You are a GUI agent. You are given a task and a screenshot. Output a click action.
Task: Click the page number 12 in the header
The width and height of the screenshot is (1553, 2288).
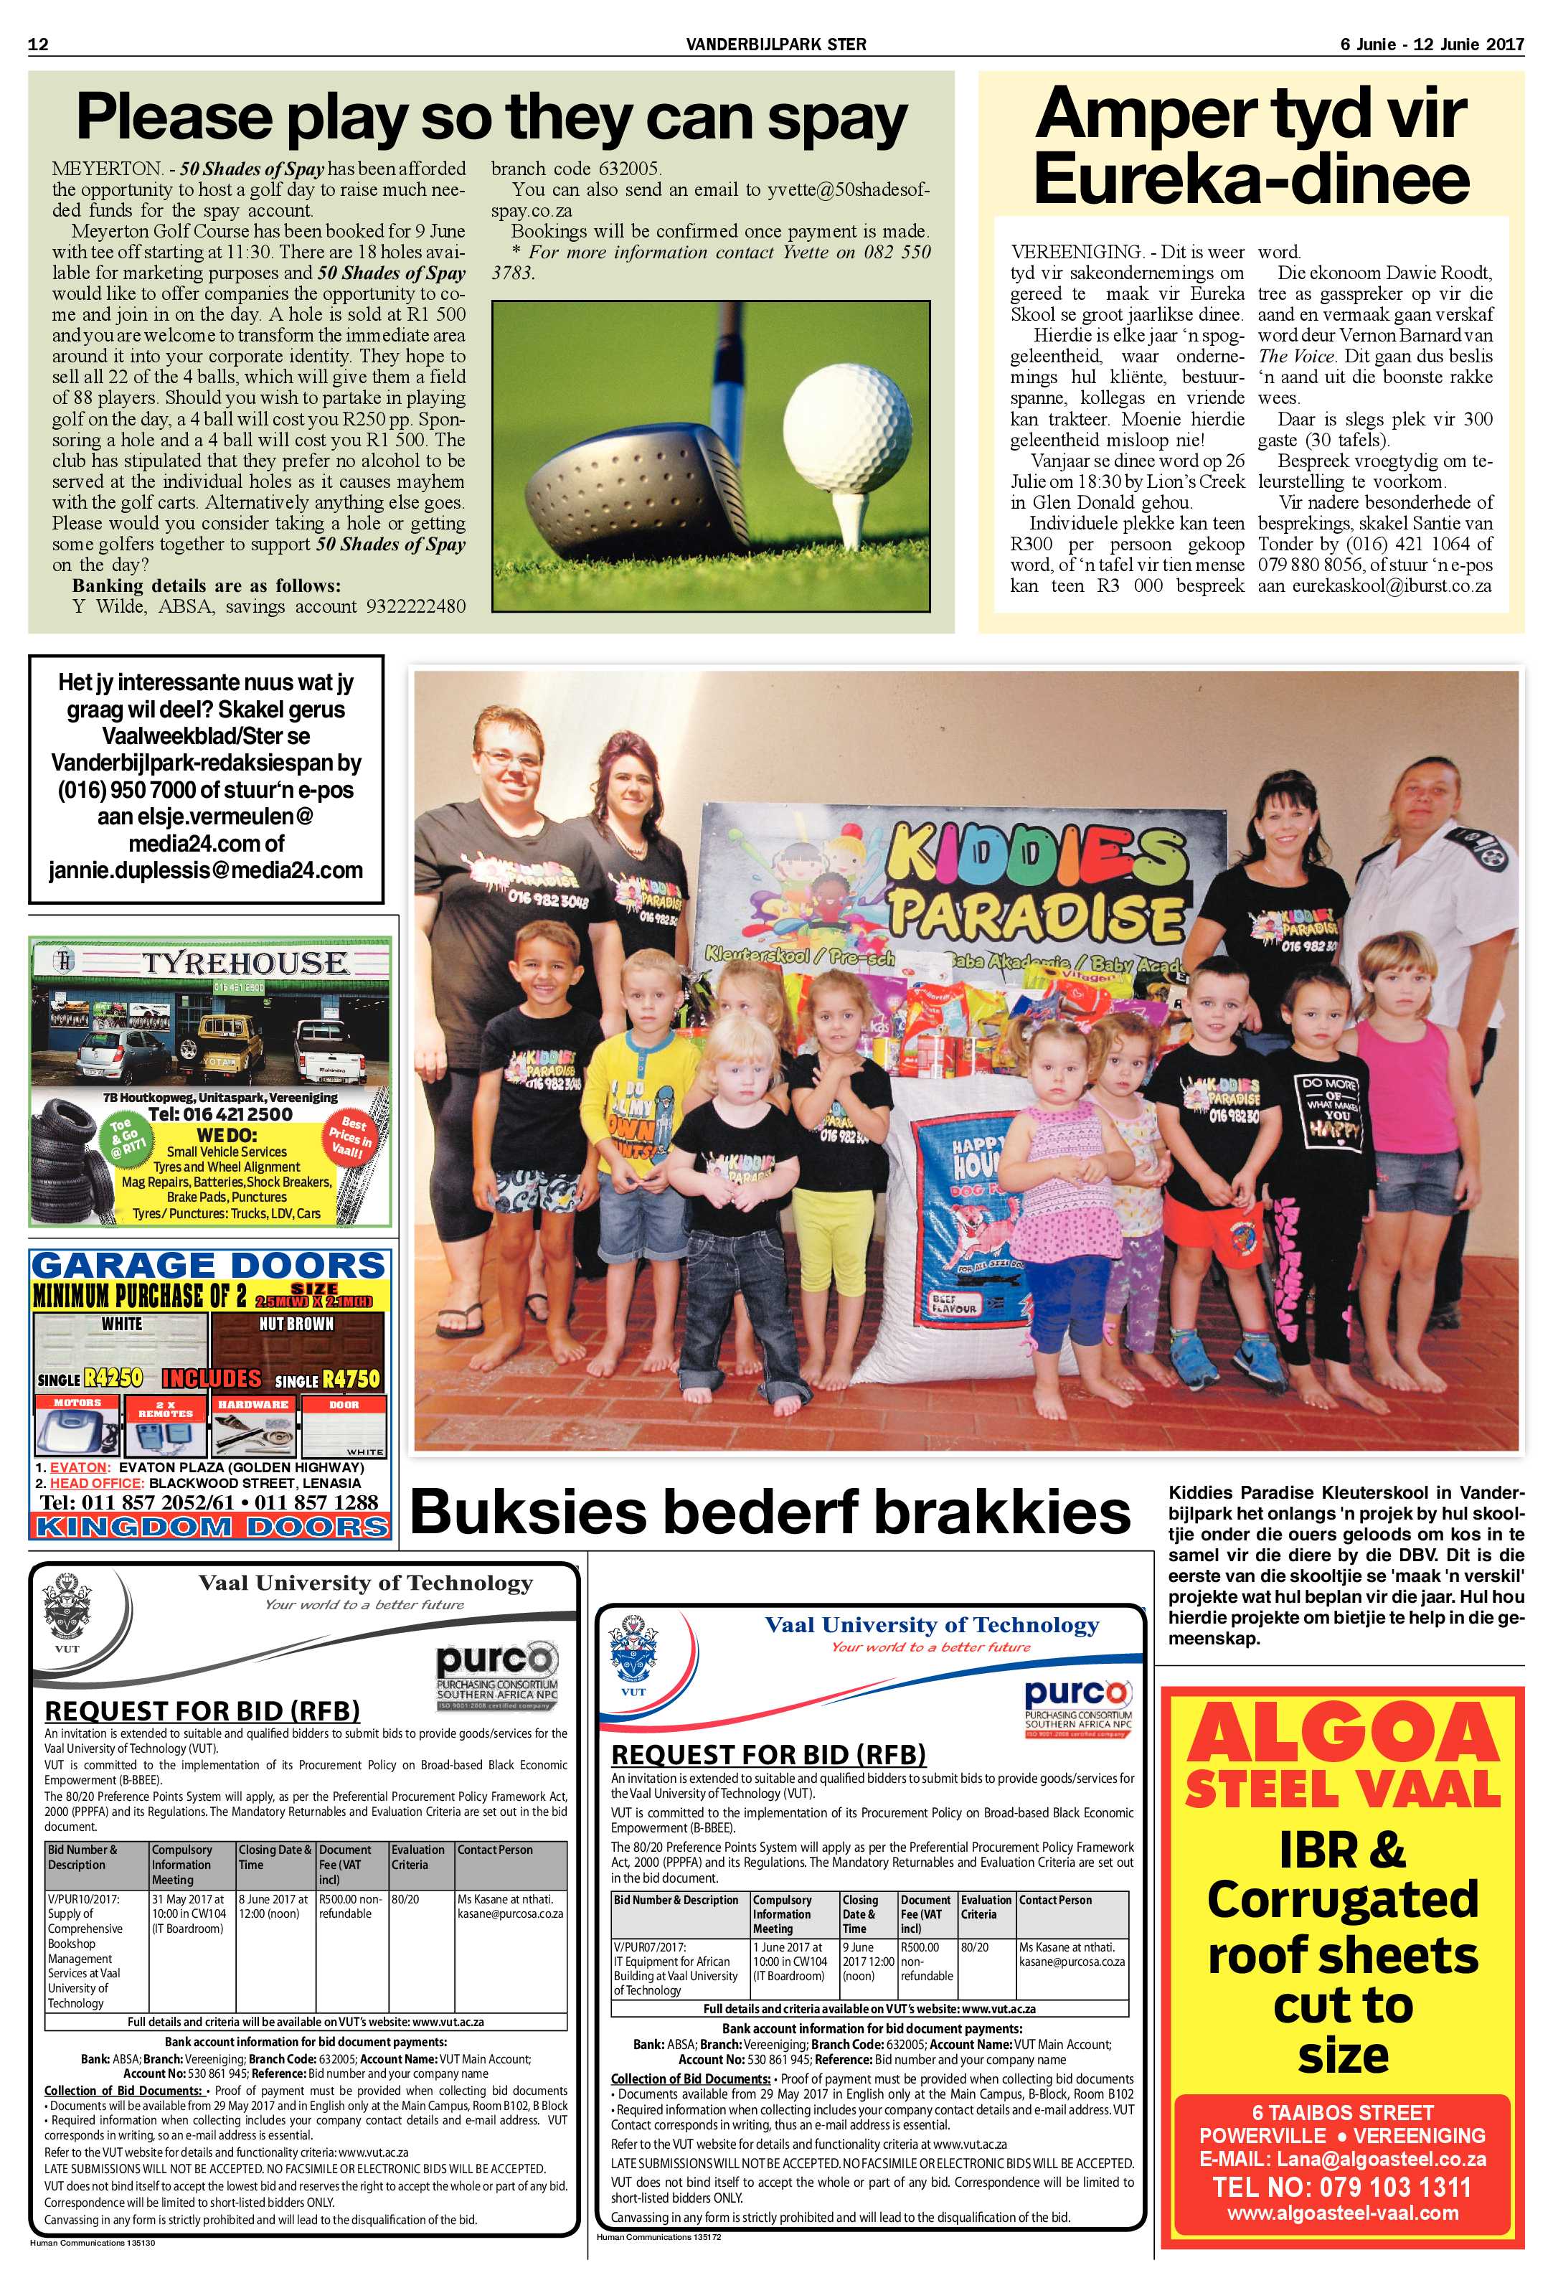tap(39, 44)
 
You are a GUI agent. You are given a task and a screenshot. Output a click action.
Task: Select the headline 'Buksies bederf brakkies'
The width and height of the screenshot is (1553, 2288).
tap(770, 1513)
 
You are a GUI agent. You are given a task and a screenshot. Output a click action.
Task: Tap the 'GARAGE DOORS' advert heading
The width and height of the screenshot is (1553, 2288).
tap(207, 1265)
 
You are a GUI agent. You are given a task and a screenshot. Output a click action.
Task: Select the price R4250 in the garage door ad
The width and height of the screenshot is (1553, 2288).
tap(113, 1378)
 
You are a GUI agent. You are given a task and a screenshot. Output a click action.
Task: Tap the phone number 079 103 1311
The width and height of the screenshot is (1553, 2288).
tap(1342, 2187)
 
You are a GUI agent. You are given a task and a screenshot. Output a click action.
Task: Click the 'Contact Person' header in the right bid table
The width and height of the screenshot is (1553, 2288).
tap(1055, 1900)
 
